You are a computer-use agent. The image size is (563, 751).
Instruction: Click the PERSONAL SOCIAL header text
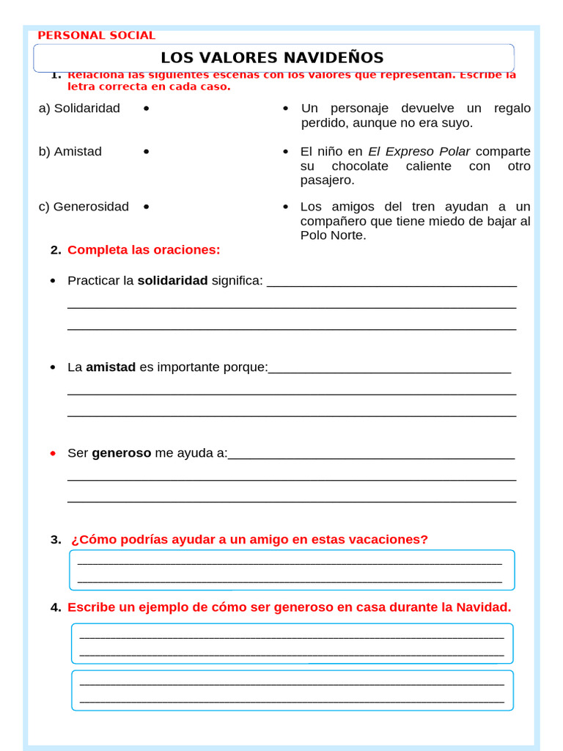pos(96,35)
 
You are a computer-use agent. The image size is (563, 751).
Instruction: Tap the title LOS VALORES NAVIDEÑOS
pos(272,58)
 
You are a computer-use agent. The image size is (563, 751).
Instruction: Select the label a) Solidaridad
pos(79,109)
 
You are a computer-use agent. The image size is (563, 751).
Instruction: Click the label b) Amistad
pos(70,152)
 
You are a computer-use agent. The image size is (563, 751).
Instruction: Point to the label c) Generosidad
pos(84,207)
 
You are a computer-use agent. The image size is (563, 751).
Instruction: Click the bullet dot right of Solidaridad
pos(147,109)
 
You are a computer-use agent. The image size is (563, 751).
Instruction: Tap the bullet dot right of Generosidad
pos(147,207)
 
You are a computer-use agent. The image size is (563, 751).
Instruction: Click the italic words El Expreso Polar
pos(419,152)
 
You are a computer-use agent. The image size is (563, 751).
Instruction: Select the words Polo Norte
pos(333,235)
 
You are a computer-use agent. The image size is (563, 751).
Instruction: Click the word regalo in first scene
pos(512,109)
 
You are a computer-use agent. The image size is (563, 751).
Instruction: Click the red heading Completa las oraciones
pos(144,250)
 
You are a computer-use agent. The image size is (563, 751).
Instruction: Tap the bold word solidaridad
pos(172,281)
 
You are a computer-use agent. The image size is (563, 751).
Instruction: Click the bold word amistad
pos(111,367)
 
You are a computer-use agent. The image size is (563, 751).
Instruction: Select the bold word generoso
pos(121,453)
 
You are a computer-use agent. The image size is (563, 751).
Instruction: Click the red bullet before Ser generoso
pos(53,453)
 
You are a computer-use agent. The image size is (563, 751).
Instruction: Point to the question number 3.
pos(56,540)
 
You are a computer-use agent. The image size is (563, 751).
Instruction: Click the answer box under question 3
pos(292,571)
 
